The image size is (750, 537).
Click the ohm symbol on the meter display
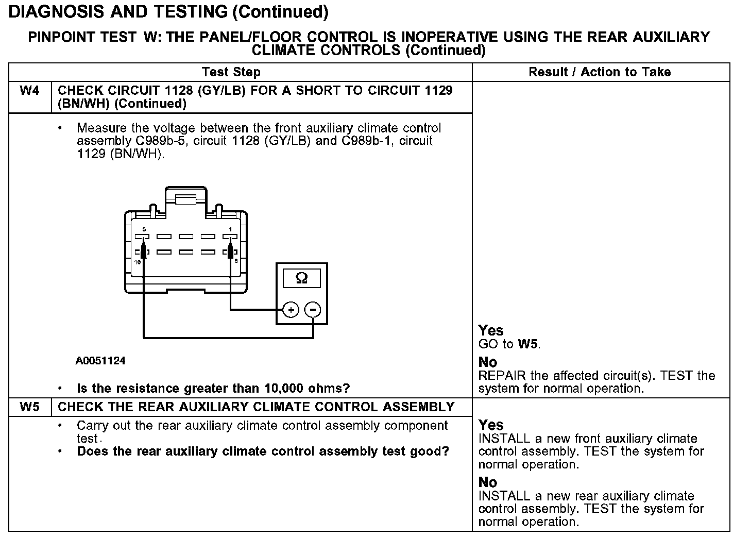click(x=302, y=278)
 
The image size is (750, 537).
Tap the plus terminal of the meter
click(x=291, y=310)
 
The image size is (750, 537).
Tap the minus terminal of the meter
click(x=313, y=310)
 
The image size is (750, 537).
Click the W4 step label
click(x=29, y=91)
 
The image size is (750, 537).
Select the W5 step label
click(x=29, y=407)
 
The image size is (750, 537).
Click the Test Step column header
click(x=231, y=72)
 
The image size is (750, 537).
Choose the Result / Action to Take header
click(x=600, y=72)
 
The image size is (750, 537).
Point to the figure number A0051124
click(x=100, y=361)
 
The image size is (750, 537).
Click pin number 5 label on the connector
click(x=144, y=229)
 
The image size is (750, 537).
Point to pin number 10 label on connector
click(x=138, y=262)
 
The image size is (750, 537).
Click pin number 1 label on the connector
click(x=230, y=229)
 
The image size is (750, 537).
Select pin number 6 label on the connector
click(x=236, y=261)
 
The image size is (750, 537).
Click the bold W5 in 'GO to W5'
click(x=529, y=344)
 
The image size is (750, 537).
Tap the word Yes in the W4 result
click(x=490, y=330)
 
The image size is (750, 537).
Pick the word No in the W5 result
click(x=487, y=482)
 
